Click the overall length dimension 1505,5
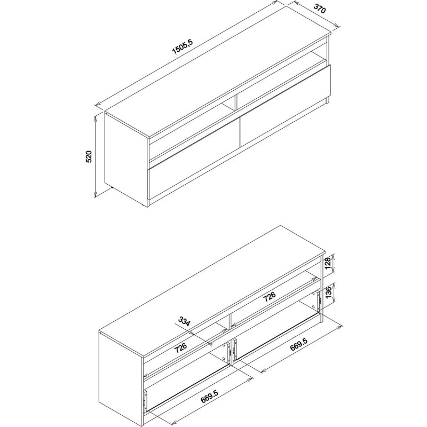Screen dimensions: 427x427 coord(182,46)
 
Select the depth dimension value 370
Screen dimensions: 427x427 coord(319,8)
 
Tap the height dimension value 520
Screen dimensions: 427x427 coord(89,156)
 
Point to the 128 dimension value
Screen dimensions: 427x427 coord(328,263)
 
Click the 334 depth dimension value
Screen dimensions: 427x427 coord(184,322)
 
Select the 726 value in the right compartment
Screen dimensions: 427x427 coord(270,297)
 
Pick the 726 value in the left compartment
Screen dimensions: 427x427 coord(180,348)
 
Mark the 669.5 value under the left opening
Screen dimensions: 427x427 coord(209,396)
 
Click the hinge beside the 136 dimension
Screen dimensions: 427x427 coord(319,301)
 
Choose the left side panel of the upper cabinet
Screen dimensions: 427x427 coord(126,159)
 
